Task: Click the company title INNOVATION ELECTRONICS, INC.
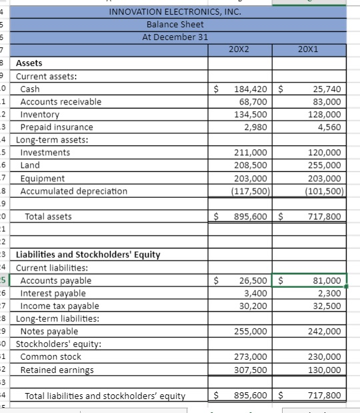pyautogui.click(x=175, y=11)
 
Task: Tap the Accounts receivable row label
pyautogui.click(x=61, y=101)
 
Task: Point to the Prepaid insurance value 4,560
pyautogui.click(x=328, y=127)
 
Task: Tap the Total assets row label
pyautogui.click(x=48, y=216)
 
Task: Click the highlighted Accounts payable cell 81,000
pyautogui.click(x=327, y=280)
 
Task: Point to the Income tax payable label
pyautogui.click(x=60, y=306)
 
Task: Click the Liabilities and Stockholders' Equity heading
pyautogui.click(x=88, y=254)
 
